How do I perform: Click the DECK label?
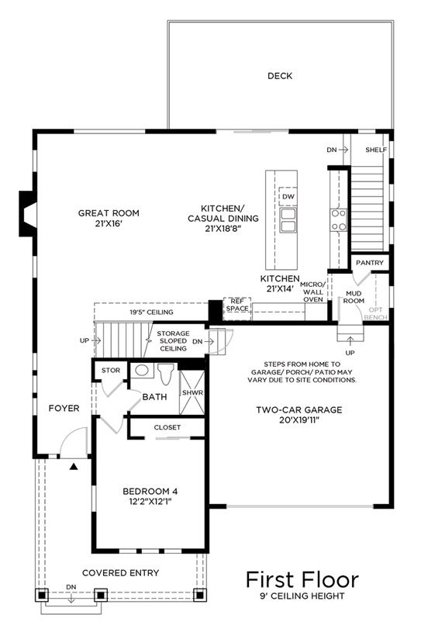280,76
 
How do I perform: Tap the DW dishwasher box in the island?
288,197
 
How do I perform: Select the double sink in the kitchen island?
288,220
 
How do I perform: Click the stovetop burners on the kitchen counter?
338,220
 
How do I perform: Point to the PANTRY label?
370,263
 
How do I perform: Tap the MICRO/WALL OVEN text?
313,292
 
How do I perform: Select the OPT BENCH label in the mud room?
375,313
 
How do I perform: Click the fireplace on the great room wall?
28,213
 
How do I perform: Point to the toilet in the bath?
165,374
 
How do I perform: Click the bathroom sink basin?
141,370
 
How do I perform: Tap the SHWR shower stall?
192,392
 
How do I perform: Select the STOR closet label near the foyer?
111,371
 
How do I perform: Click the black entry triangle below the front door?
74,467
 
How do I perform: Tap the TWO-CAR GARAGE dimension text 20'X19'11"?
299,420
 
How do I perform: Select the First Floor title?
302,579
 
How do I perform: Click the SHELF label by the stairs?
376,150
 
